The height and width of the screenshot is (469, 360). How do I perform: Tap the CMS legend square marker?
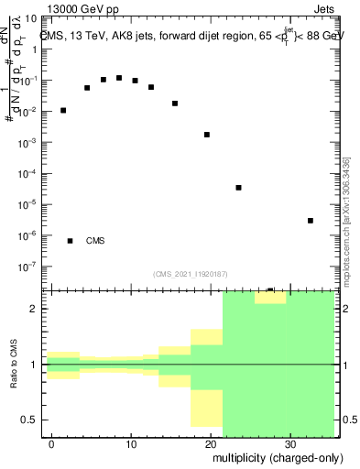click(x=71, y=241)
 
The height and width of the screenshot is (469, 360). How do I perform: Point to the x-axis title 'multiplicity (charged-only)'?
click(x=274, y=456)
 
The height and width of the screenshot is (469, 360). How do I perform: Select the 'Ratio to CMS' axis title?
click(x=15, y=365)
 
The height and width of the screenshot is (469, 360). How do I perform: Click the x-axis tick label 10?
click(x=131, y=443)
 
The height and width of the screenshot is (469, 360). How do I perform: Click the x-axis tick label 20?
click(x=211, y=443)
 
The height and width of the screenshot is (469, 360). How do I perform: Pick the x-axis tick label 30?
click(x=290, y=443)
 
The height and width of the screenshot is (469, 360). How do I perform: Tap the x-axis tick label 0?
click(x=52, y=443)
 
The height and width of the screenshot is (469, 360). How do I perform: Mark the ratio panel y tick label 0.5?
click(x=33, y=420)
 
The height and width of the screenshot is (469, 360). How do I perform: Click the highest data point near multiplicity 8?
click(x=119, y=78)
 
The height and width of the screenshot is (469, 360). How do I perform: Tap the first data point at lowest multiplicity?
click(x=63, y=110)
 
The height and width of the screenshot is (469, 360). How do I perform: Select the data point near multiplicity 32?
click(x=311, y=221)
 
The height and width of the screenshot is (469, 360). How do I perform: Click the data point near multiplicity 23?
click(x=238, y=188)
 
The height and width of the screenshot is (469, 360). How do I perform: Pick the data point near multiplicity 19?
click(x=207, y=135)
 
